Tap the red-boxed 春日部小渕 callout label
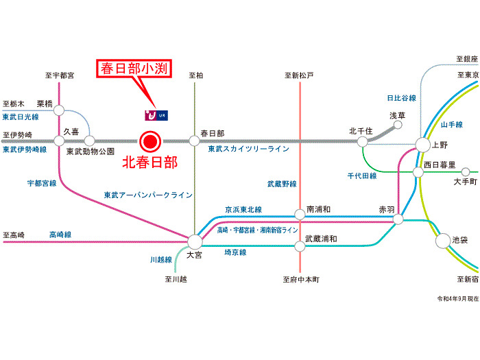pyautogui.click(x=136, y=69)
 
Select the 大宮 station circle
pyautogui.click(x=195, y=241)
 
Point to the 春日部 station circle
pyautogui.click(x=195, y=141)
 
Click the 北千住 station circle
pyautogui.click(x=362, y=141)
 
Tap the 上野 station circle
pyautogui.click(x=422, y=144)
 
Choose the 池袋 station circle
pyautogui.click(x=442, y=241)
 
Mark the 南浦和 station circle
pyautogui.click(x=300, y=214)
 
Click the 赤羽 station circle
pyautogui.click(x=398, y=219)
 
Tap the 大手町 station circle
pyautogui.click(x=466, y=171)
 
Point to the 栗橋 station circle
pyautogui.click(x=59, y=110)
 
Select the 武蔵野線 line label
pyautogui.click(x=282, y=184)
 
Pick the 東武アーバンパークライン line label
pyautogui.click(x=148, y=195)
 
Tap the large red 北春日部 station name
pyautogui.click(x=149, y=163)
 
